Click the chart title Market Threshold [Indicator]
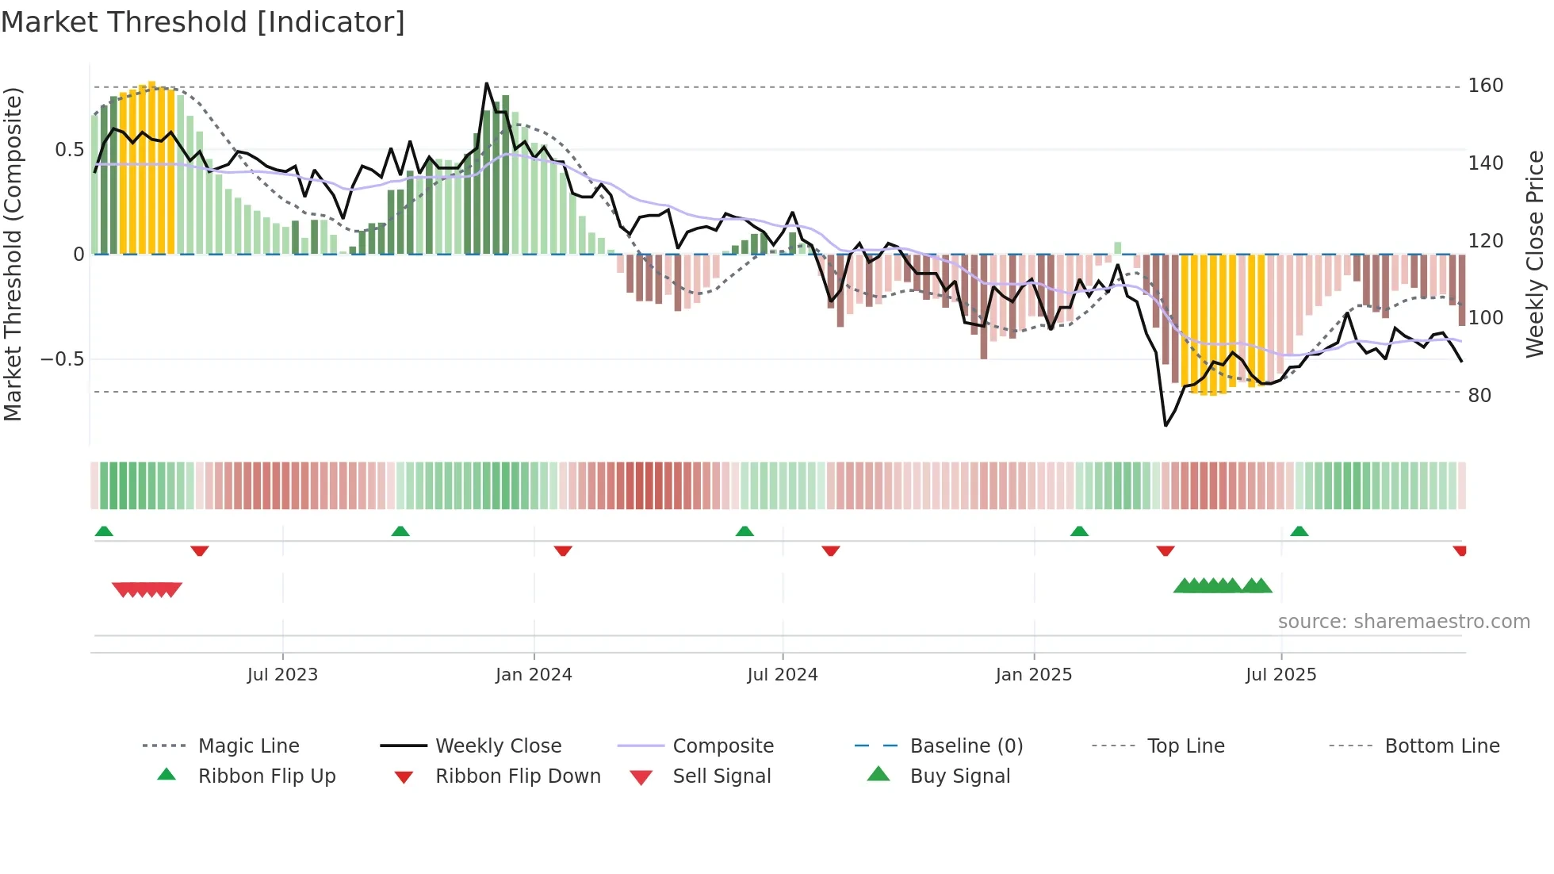coord(203,22)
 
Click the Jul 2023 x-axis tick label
coord(282,675)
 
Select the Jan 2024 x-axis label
coord(534,675)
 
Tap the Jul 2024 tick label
coord(783,675)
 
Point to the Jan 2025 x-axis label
coord(1034,675)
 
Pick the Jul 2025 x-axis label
coord(1281,675)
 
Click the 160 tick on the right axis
coord(1485,86)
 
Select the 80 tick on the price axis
coord(1479,395)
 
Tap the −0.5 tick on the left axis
coord(63,359)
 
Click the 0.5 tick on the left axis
coord(69,150)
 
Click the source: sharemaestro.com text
coord(1403,622)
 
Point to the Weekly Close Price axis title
coord(1535,254)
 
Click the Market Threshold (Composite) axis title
coord(13,254)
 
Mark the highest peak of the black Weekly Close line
coord(486,83)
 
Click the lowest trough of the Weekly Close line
coord(1165,426)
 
